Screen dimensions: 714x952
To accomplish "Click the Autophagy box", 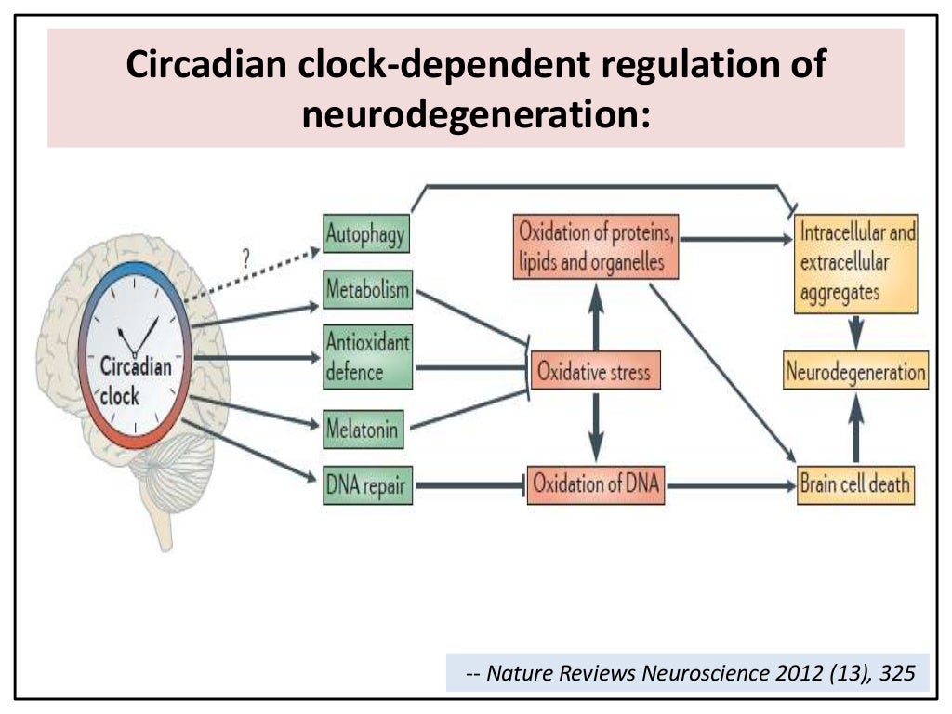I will click(x=365, y=234).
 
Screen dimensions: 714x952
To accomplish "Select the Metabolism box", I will click(x=366, y=290).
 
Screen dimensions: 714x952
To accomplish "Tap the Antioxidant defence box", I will click(x=366, y=357).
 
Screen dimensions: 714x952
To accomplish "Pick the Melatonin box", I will click(x=364, y=430).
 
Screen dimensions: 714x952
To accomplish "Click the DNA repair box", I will click(x=366, y=484).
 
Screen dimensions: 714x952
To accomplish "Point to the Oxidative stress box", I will click(x=594, y=372).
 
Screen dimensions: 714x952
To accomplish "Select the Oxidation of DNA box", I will click(x=595, y=484).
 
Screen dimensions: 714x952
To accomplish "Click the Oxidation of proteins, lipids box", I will click(x=595, y=247).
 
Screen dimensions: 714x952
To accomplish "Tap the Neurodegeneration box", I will click(x=856, y=372).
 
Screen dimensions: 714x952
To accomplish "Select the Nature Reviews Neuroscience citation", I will click(x=688, y=673).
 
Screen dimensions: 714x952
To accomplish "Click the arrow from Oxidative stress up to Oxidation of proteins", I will click(x=595, y=316).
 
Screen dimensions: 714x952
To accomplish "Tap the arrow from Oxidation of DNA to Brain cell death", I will click(x=730, y=485).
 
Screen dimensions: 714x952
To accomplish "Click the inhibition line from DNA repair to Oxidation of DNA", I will click(x=469, y=484).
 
